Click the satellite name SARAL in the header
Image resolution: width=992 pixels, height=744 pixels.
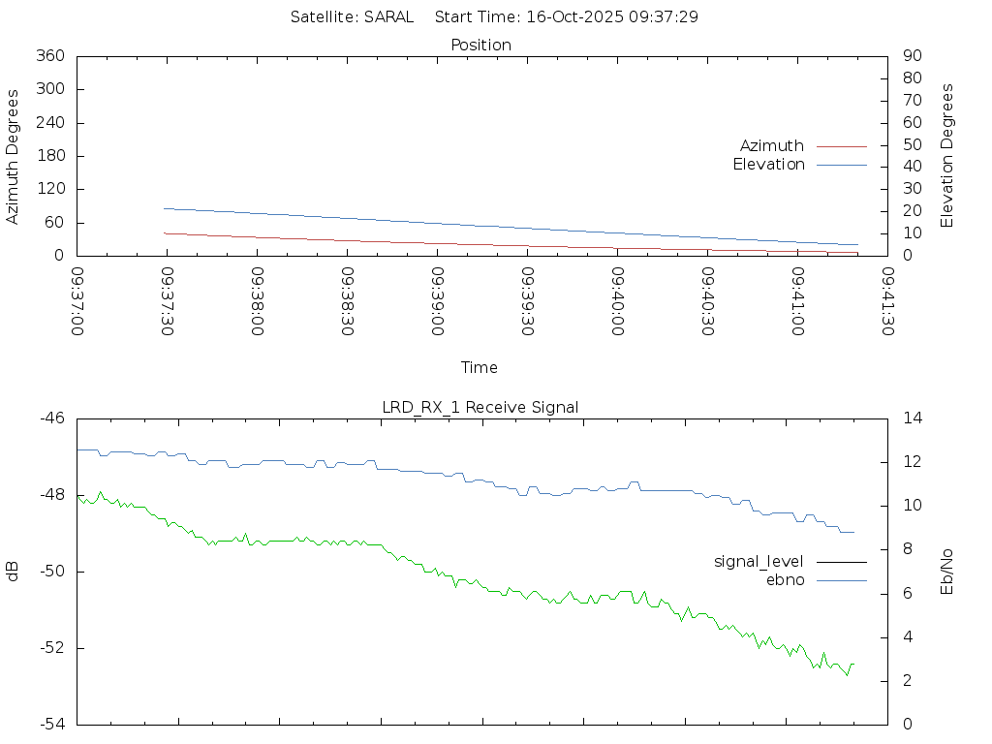pos(388,16)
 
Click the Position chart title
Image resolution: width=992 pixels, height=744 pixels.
pos(481,45)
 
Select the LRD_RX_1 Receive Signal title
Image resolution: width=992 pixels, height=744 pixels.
pos(480,407)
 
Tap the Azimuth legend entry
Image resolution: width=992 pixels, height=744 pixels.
pos(772,145)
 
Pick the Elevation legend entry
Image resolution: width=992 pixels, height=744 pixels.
pos(768,165)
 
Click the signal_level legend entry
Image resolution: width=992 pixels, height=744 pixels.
pos(759,561)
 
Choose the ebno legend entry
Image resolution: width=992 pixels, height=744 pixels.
pos(786,579)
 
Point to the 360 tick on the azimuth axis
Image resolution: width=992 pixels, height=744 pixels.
pos(50,56)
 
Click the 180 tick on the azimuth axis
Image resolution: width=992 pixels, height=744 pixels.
pos(50,156)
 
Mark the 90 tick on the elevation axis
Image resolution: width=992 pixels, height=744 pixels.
pos(911,56)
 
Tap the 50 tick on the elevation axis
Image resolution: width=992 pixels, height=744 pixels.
pos(911,145)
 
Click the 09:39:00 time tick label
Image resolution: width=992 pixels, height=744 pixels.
pos(438,301)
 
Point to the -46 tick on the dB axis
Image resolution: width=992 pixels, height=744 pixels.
pos(52,418)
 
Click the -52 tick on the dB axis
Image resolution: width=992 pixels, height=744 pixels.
pos(52,648)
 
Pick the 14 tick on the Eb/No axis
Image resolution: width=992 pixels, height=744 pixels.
pos(912,418)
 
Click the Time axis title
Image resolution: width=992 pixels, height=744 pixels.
pos(480,367)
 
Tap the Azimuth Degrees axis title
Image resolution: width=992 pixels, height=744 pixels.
pos(13,156)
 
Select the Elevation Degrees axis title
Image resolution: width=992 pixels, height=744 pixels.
pos(947,156)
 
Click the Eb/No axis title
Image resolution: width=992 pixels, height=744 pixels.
pos(947,572)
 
